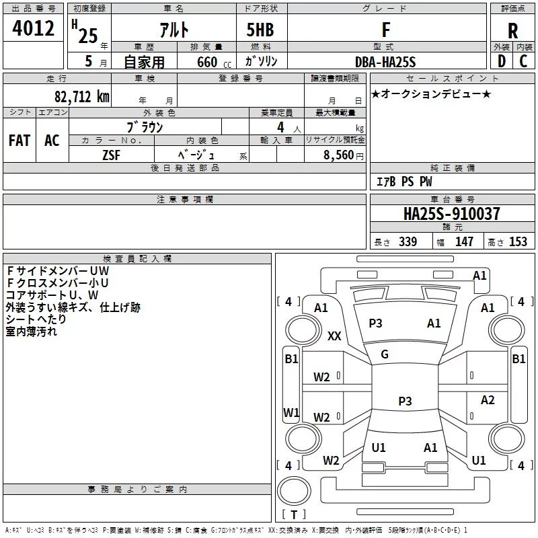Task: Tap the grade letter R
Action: tap(512, 31)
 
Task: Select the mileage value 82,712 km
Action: tap(81, 95)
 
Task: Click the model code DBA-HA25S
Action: tap(385, 62)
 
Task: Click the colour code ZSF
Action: tap(111, 154)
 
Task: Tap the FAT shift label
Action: tap(20, 140)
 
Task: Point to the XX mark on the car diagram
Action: tap(334, 336)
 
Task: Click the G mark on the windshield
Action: tap(385, 354)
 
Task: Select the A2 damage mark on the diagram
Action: tap(488, 400)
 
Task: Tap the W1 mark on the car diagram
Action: tap(291, 412)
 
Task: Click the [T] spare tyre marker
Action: tap(293, 514)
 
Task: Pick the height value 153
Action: tap(518, 242)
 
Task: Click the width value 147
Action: tap(464, 242)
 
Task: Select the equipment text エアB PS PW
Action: tap(403, 182)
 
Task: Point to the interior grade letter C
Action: tap(523, 62)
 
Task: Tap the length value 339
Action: tap(408, 242)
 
